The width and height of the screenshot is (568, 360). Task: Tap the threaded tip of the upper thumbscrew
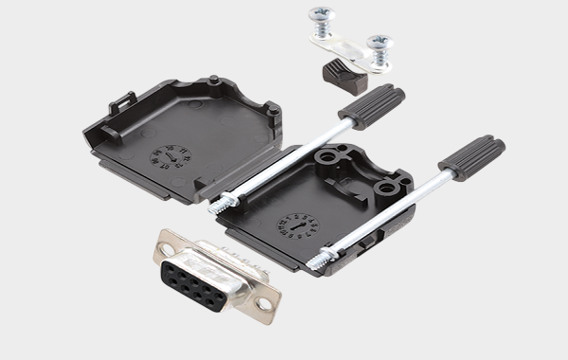225,202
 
